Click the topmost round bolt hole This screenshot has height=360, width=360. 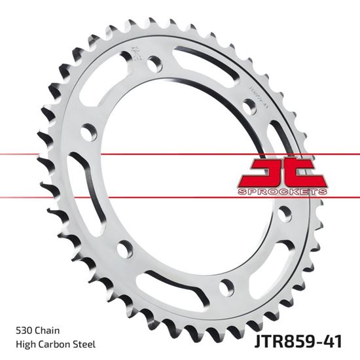154,64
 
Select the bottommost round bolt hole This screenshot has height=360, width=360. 226,285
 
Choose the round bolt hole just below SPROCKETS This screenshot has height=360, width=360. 285,214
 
